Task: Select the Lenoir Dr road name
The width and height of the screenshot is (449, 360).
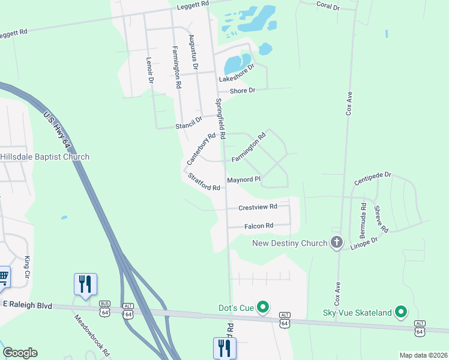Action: point(150,70)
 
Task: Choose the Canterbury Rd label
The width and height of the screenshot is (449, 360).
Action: point(200,149)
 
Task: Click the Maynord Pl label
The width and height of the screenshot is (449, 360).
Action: point(244,179)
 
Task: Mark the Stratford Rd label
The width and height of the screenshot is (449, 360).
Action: point(204,182)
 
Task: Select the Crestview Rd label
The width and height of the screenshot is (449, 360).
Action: point(258,207)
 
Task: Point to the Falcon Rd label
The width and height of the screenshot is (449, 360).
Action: point(259,226)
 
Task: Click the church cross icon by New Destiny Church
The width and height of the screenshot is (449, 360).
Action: point(337,242)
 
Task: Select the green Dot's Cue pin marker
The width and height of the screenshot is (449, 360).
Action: point(262,308)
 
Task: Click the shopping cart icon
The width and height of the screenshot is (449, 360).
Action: point(4,277)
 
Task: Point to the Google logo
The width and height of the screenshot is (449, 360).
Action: point(20,353)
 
